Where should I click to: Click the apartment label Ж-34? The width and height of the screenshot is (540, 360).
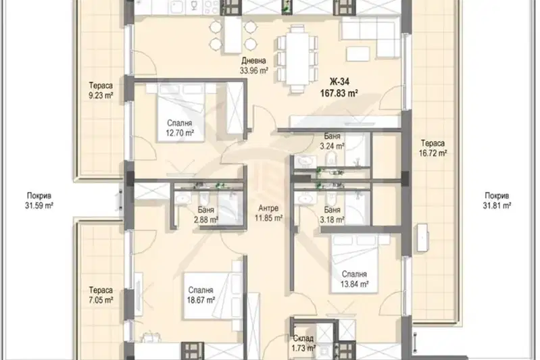[x=339, y=82]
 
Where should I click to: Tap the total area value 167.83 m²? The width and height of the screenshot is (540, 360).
[x=339, y=93]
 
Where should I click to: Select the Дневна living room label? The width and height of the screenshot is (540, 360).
[x=253, y=61]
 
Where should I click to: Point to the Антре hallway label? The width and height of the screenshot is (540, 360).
[x=268, y=208]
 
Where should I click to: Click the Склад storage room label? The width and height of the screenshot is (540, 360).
[x=303, y=338]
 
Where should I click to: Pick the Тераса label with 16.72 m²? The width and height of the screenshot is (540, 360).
[x=433, y=143]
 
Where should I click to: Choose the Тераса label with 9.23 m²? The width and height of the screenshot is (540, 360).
[x=101, y=85]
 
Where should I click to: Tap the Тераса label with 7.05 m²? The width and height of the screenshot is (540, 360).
[x=101, y=290]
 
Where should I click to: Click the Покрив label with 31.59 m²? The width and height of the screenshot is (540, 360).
[x=39, y=196]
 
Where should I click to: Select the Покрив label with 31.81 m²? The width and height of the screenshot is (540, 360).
[x=497, y=196]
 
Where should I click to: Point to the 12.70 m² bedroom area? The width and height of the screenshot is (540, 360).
[x=180, y=133]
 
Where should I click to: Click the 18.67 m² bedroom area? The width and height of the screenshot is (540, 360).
[x=201, y=300]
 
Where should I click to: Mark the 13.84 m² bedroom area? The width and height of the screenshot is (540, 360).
[x=355, y=284]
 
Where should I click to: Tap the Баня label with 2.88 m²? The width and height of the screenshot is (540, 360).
[x=206, y=209]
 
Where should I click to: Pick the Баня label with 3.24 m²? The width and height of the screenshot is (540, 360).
[x=332, y=136]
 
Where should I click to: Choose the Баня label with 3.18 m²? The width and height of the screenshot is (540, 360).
[x=332, y=209]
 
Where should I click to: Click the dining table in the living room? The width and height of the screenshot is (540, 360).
[x=297, y=59]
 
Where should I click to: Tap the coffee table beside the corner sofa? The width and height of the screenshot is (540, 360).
[x=358, y=53]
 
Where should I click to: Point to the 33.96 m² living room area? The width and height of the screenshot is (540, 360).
[x=254, y=70]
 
